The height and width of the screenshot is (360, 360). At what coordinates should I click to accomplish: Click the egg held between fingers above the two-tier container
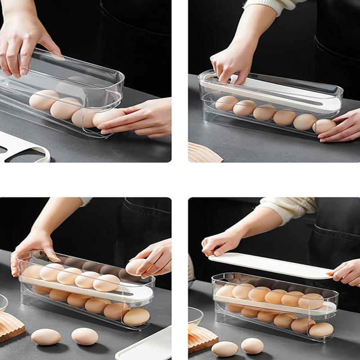(136, 266)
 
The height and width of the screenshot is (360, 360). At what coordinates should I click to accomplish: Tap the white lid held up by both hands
(270, 265)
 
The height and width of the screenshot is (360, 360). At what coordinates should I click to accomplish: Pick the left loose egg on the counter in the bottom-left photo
(46, 337)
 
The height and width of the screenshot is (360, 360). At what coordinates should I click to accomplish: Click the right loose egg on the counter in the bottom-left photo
(85, 336)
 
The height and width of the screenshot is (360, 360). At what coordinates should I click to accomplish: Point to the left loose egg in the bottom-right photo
(225, 349)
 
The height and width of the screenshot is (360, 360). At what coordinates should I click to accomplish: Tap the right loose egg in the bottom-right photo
(252, 346)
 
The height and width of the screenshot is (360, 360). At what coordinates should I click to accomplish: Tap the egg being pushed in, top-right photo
(324, 126)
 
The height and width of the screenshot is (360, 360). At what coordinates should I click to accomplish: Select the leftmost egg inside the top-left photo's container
(44, 100)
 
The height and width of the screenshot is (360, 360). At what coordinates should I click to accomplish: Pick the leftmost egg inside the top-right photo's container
(226, 103)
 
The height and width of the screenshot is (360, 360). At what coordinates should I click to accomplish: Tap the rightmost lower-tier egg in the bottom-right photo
(321, 330)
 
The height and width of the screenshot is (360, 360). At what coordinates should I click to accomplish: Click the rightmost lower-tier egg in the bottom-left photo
(136, 316)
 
